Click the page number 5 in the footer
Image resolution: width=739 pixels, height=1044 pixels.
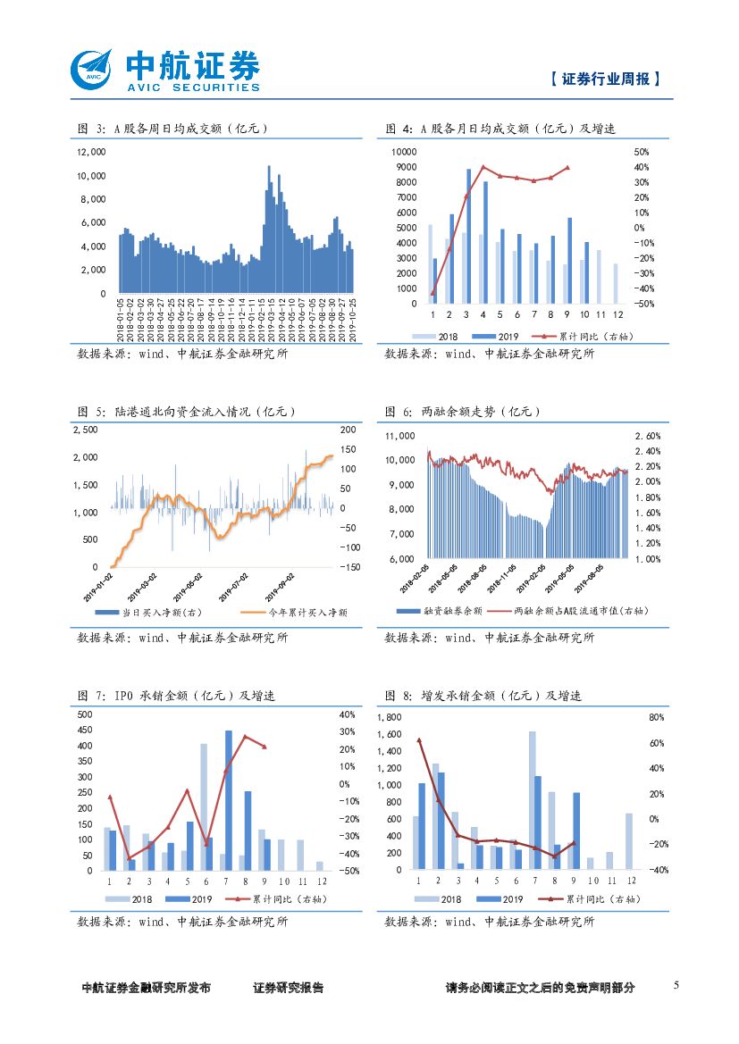(x=676, y=985)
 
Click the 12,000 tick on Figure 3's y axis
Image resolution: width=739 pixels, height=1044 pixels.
(x=91, y=152)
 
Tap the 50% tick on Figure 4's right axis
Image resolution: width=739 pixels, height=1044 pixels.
(x=616, y=152)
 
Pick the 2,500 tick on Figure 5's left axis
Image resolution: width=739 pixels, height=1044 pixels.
(x=85, y=430)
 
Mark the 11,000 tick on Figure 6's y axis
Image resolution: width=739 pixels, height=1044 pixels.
(x=399, y=436)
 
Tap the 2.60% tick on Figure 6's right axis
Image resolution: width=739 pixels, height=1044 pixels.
(x=647, y=436)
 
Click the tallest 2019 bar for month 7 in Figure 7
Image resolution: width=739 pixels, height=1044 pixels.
(x=229, y=800)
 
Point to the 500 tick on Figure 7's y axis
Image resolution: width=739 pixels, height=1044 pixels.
(x=85, y=714)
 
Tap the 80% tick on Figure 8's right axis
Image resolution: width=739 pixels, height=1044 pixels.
(x=632, y=717)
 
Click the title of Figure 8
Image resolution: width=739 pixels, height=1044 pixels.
(x=483, y=695)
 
